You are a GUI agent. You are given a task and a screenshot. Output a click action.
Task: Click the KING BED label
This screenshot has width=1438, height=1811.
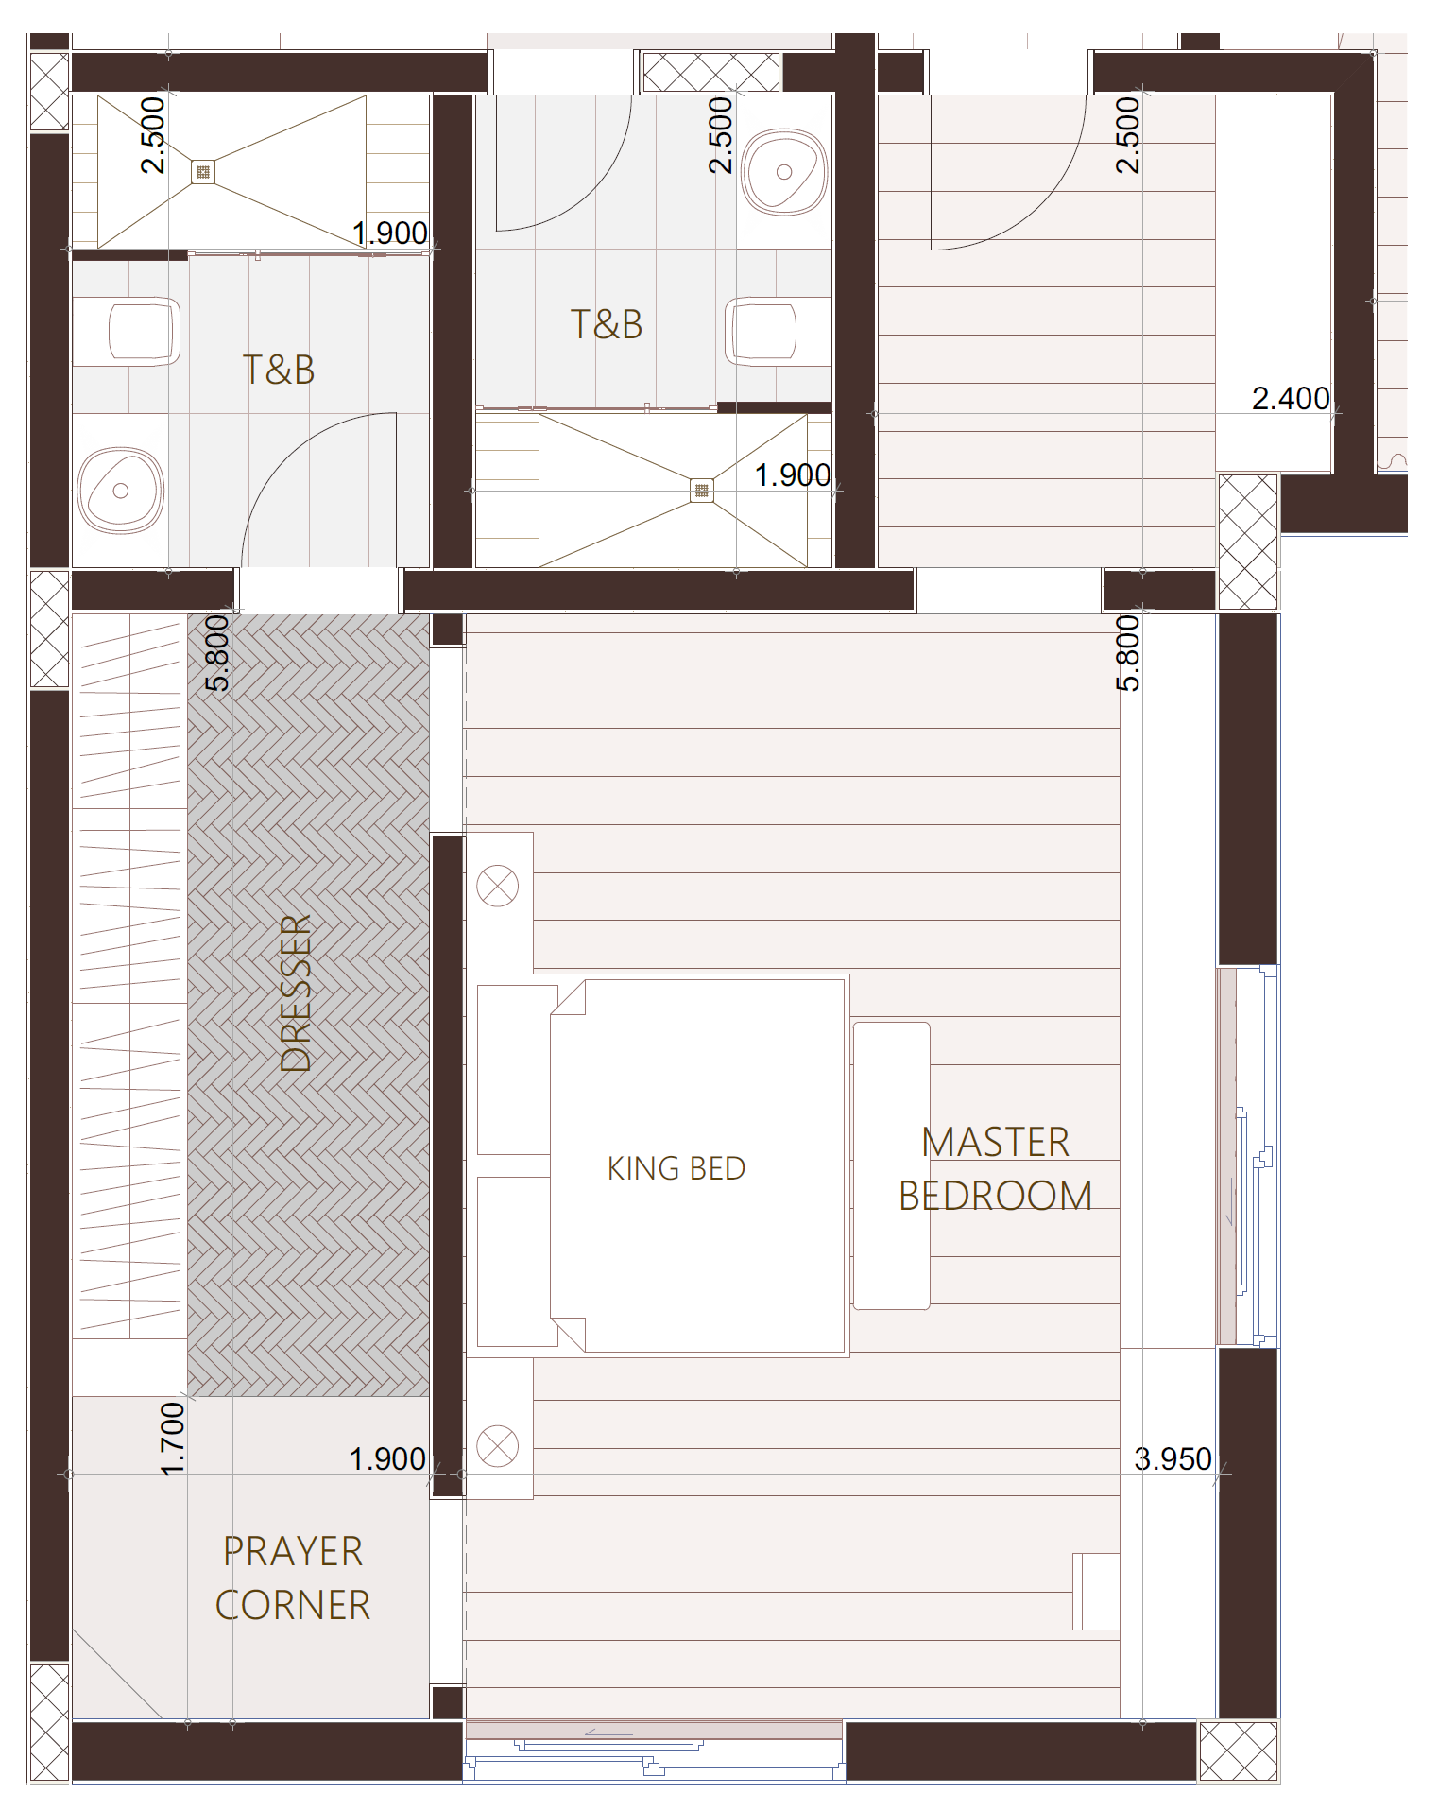pos(676,1168)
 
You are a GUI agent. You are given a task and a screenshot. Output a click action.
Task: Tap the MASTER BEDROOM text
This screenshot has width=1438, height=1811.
pos(995,1169)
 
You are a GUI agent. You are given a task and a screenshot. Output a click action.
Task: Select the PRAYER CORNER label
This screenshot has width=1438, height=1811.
pos(293,1578)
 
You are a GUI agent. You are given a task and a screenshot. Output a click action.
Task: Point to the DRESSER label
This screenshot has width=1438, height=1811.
pos(296,993)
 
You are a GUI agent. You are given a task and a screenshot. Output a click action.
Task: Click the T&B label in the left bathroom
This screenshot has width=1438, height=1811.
pos(279,370)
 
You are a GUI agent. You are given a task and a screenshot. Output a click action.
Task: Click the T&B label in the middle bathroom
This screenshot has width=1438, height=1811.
pos(607,324)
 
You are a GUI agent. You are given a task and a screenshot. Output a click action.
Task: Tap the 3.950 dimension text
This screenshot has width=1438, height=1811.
pos(1173,1458)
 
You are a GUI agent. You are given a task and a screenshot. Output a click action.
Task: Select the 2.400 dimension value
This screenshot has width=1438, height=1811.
pos(1291,398)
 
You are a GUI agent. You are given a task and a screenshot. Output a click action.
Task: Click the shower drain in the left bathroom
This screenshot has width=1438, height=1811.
pos(202,172)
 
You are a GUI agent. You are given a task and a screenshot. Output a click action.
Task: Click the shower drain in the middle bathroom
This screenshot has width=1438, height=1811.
pos(701,490)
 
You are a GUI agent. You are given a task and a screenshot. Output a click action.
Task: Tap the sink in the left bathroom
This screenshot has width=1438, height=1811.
pos(121,490)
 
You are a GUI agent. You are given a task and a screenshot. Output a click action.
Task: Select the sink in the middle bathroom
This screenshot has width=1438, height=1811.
pos(784,172)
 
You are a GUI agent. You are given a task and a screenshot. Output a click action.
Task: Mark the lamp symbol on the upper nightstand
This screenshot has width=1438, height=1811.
pos(498,887)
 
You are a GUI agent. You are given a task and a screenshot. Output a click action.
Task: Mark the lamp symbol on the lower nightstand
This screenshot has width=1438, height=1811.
pos(498,1446)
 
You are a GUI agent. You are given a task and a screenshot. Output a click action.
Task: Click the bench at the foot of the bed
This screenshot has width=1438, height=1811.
pos(892,1165)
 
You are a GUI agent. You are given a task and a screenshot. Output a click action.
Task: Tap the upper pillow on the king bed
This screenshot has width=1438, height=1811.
pos(517,1069)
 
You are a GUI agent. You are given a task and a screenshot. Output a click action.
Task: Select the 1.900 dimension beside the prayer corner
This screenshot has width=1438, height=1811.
pos(387,1458)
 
